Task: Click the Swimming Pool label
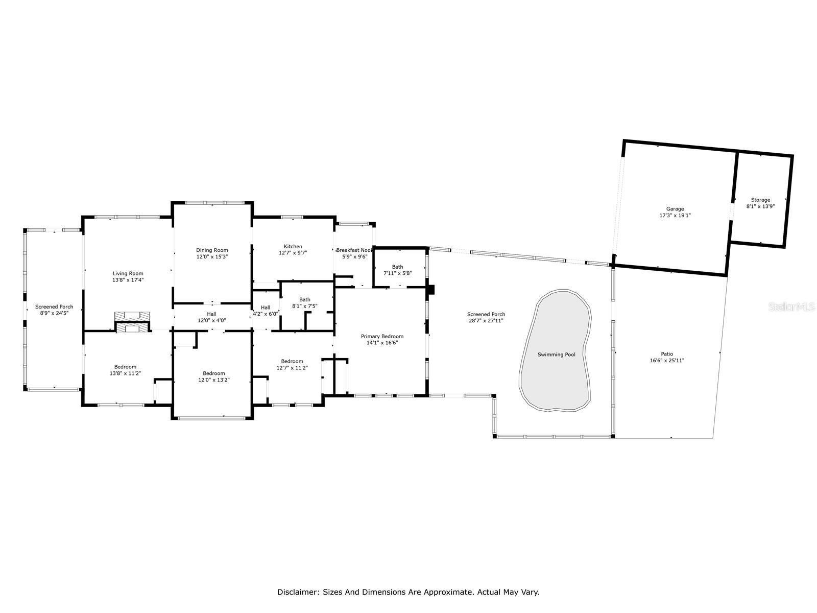pyautogui.click(x=556, y=355)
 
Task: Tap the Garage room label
pyautogui.click(x=675, y=209)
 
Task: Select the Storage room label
pyautogui.click(x=760, y=200)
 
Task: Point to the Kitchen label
pyautogui.click(x=293, y=246)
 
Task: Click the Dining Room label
pyautogui.click(x=212, y=250)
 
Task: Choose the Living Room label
pyautogui.click(x=128, y=274)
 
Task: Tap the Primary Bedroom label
pyautogui.click(x=382, y=337)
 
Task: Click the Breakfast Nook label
pyautogui.click(x=354, y=250)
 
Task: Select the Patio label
pyautogui.click(x=667, y=354)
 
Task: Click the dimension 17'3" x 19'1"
pyautogui.click(x=675, y=216)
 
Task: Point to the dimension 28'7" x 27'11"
pyautogui.click(x=486, y=320)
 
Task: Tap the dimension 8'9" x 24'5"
pyautogui.click(x=54, y=313)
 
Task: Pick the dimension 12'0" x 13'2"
pyautogui.click(x=214, y=380)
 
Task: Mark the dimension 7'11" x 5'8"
pyautogui.click(x=397, y=273)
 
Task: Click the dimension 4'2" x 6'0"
pyautogui.click(x=266, y=314)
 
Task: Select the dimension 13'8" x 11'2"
pyautogui.click(x=126, y=373)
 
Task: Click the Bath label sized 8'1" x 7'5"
pyautogui.click(x=305, y=300)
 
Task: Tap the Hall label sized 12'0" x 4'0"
pyautogui.click(x=212, y=314)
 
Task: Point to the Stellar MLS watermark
pyautogui.click(x=791, y=307)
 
